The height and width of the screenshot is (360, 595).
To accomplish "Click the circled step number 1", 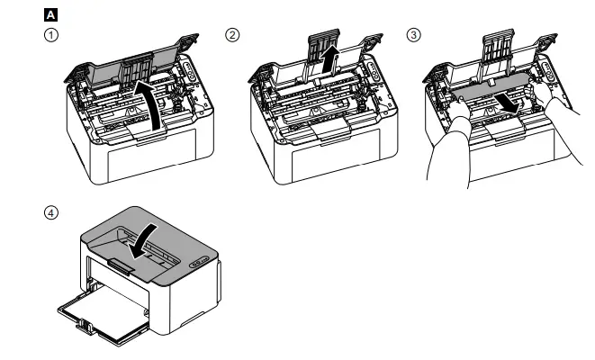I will click(x=51, y=35).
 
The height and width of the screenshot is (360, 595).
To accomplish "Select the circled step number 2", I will click(x=232, y=35).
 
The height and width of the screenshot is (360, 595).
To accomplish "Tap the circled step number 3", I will click(x=413, y=35).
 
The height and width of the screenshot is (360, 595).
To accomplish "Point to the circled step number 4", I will click(x=51, y=213).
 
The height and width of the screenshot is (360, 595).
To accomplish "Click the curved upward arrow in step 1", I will click(x=157, y=106).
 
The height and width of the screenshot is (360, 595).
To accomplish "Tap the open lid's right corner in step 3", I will click(x=551, y=40).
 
